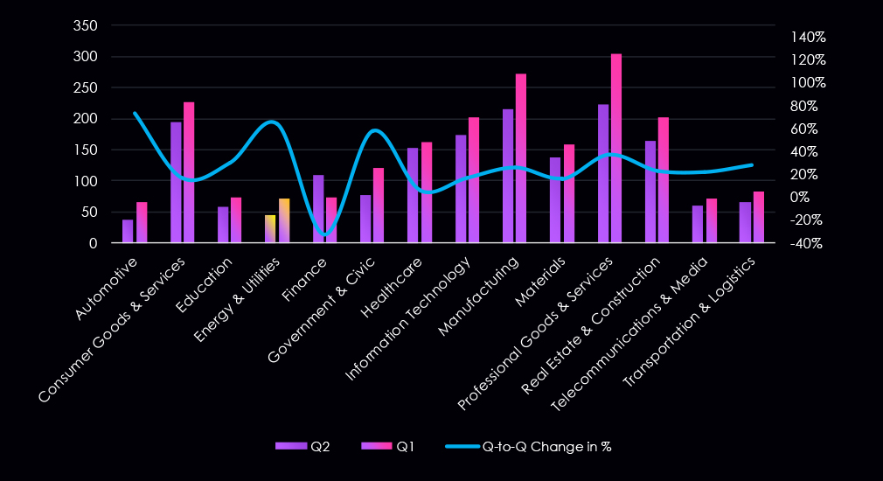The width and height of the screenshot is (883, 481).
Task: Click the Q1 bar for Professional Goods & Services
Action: click(x=616, y=149)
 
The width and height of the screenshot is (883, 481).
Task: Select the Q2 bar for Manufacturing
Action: click(x=508, y=176)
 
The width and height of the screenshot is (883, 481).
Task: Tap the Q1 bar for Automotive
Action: click(x=142, y=222)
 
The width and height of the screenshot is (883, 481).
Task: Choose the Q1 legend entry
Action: click(x=389, y=446)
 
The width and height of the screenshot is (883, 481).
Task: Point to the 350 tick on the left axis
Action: click(x=85, y=25)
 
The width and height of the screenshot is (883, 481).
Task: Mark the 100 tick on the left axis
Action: click(x=85, y=181)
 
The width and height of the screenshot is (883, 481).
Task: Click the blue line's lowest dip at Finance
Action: click(x=325, y=234)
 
